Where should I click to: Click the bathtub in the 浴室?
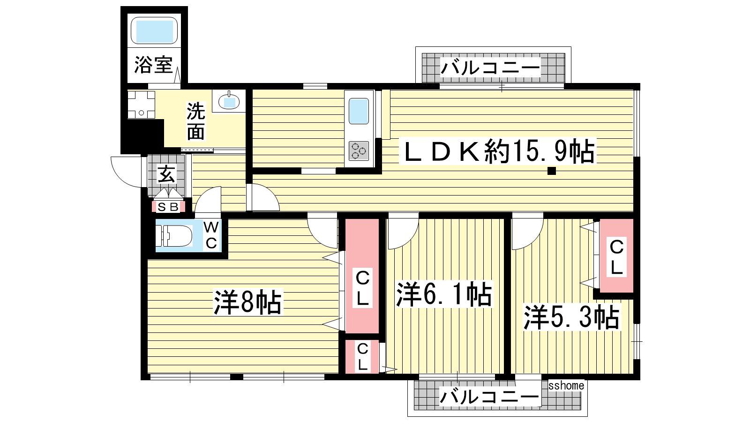tap(154, 30)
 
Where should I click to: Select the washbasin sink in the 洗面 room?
tap(229, 100)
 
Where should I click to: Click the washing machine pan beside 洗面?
tap(141, 104)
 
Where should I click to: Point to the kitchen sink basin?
tap(359, 111)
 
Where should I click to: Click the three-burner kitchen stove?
tap(359, 151)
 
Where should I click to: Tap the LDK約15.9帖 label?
tap(497, 151)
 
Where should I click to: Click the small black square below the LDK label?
tap(551, 171)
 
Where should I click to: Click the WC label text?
tap(211, 235)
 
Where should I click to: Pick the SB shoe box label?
tap(168, 207)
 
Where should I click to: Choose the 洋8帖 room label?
tap(247, 302)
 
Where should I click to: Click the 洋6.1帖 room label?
tap(444, 294)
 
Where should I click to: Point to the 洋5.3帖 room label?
tap(571, 317)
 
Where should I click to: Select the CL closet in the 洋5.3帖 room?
tap(616, 256)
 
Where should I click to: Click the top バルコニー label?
tap(490, 68)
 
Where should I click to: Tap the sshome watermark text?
tap(566, 385)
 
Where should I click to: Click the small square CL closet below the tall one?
tap(362, 357)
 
